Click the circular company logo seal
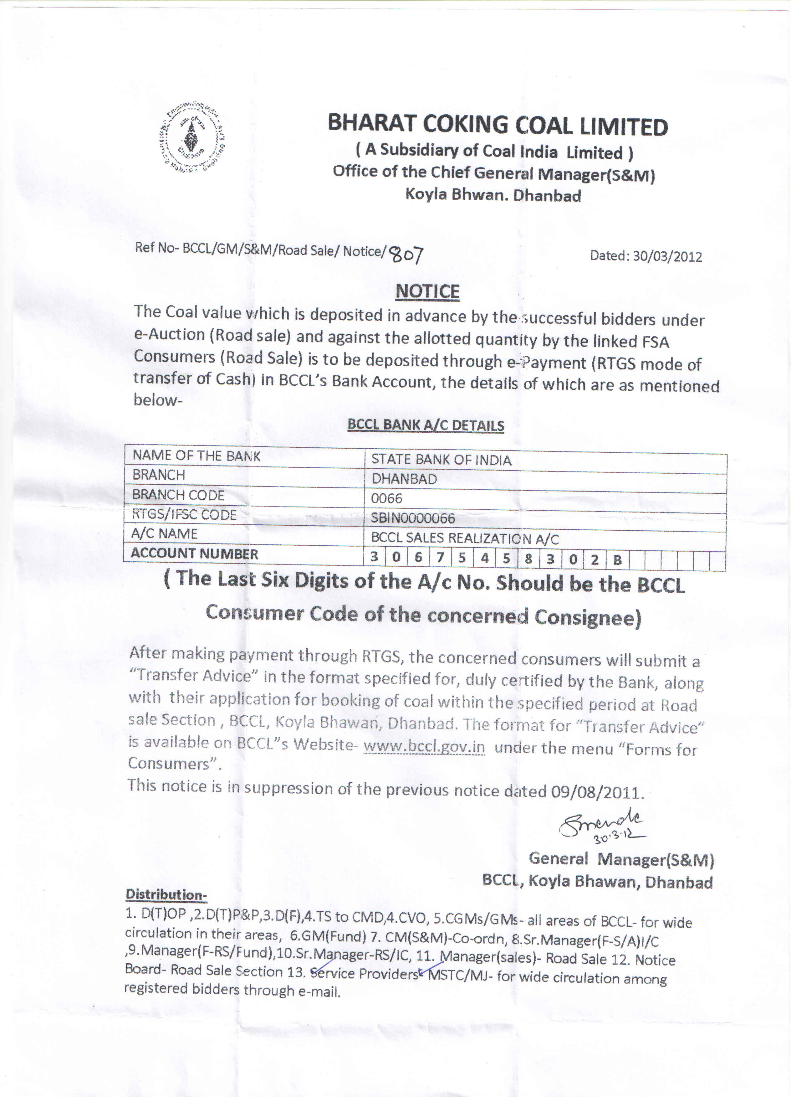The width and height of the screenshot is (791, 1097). tap(192, 137)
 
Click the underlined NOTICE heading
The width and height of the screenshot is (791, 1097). tap(427, 292)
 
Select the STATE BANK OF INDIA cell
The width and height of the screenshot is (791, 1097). tap(441, 460)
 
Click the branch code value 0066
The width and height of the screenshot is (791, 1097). tap(386, 498)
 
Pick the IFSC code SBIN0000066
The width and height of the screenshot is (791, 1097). tap(413, 518)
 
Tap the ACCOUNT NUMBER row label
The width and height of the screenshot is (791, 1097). tap(194, 554)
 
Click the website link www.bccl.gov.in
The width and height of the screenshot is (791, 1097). tap(424, 746)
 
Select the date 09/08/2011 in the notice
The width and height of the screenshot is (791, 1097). tap(597, 792)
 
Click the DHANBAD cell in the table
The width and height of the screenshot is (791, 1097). tap(404, 479)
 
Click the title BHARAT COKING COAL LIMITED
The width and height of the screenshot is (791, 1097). tap(498, 125)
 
